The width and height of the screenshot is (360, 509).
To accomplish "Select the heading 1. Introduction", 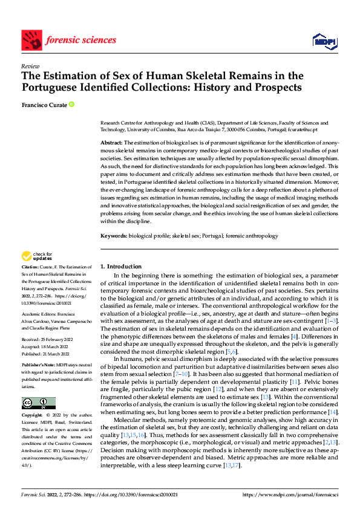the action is click(x=121, y=266).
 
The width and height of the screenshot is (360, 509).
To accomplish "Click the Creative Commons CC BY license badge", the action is click(x=38, y=403).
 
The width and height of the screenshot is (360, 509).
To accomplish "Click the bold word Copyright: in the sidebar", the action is click(x=33, y=415).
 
